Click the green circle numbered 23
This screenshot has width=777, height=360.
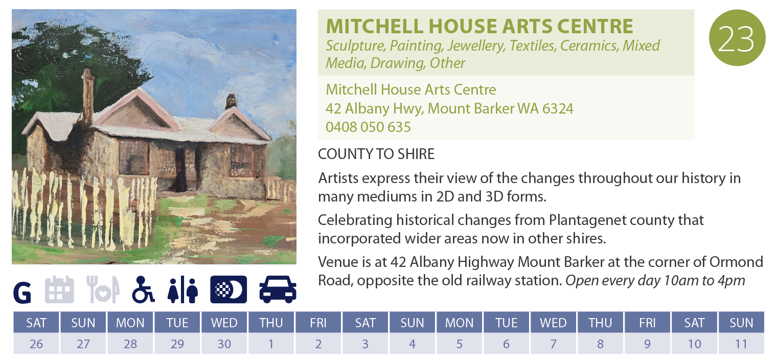pyautogui.click(x=737, y=37)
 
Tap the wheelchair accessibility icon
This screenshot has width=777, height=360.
pyautogui.click(x=143, y=289)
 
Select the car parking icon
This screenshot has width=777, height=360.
pyautogui.click(x=278, y=289)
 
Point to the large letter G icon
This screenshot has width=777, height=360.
pyautogui.click(x=22, y=292)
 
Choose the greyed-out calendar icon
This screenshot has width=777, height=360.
pyautogui.click(x=59, y=289)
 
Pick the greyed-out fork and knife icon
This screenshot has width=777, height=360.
pyautogui.click(x=103, y=289)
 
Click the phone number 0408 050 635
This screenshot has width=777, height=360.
pyautogui.click(x=368, y=127)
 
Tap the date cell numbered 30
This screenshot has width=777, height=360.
pyautogui.click(x=224, y=344)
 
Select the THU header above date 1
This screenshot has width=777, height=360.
pyautogui.click(x=271, y=323)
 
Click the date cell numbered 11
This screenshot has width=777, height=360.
pyautogui.click(x=741, y=344)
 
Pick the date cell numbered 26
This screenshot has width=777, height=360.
pyautogui.click(x=36, y=344)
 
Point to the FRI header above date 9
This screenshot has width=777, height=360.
pyautogui.click(x=647, y=323)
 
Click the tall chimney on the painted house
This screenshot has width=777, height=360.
pyautogui.click(x=88, y=96)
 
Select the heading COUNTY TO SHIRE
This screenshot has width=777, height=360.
pyautogui.click(x=376, y=154)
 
